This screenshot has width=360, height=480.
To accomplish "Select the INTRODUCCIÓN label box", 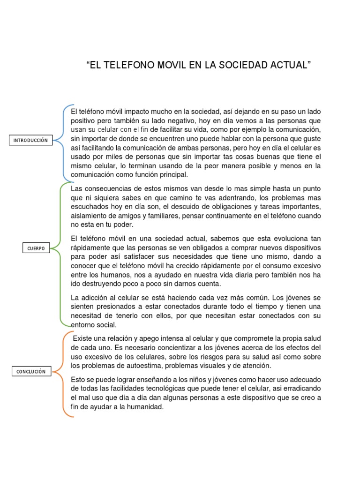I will tap(31, 140).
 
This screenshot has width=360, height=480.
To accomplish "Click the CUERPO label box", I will tap(36, 248).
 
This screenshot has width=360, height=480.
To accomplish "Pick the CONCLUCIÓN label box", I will tap(31, 371).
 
